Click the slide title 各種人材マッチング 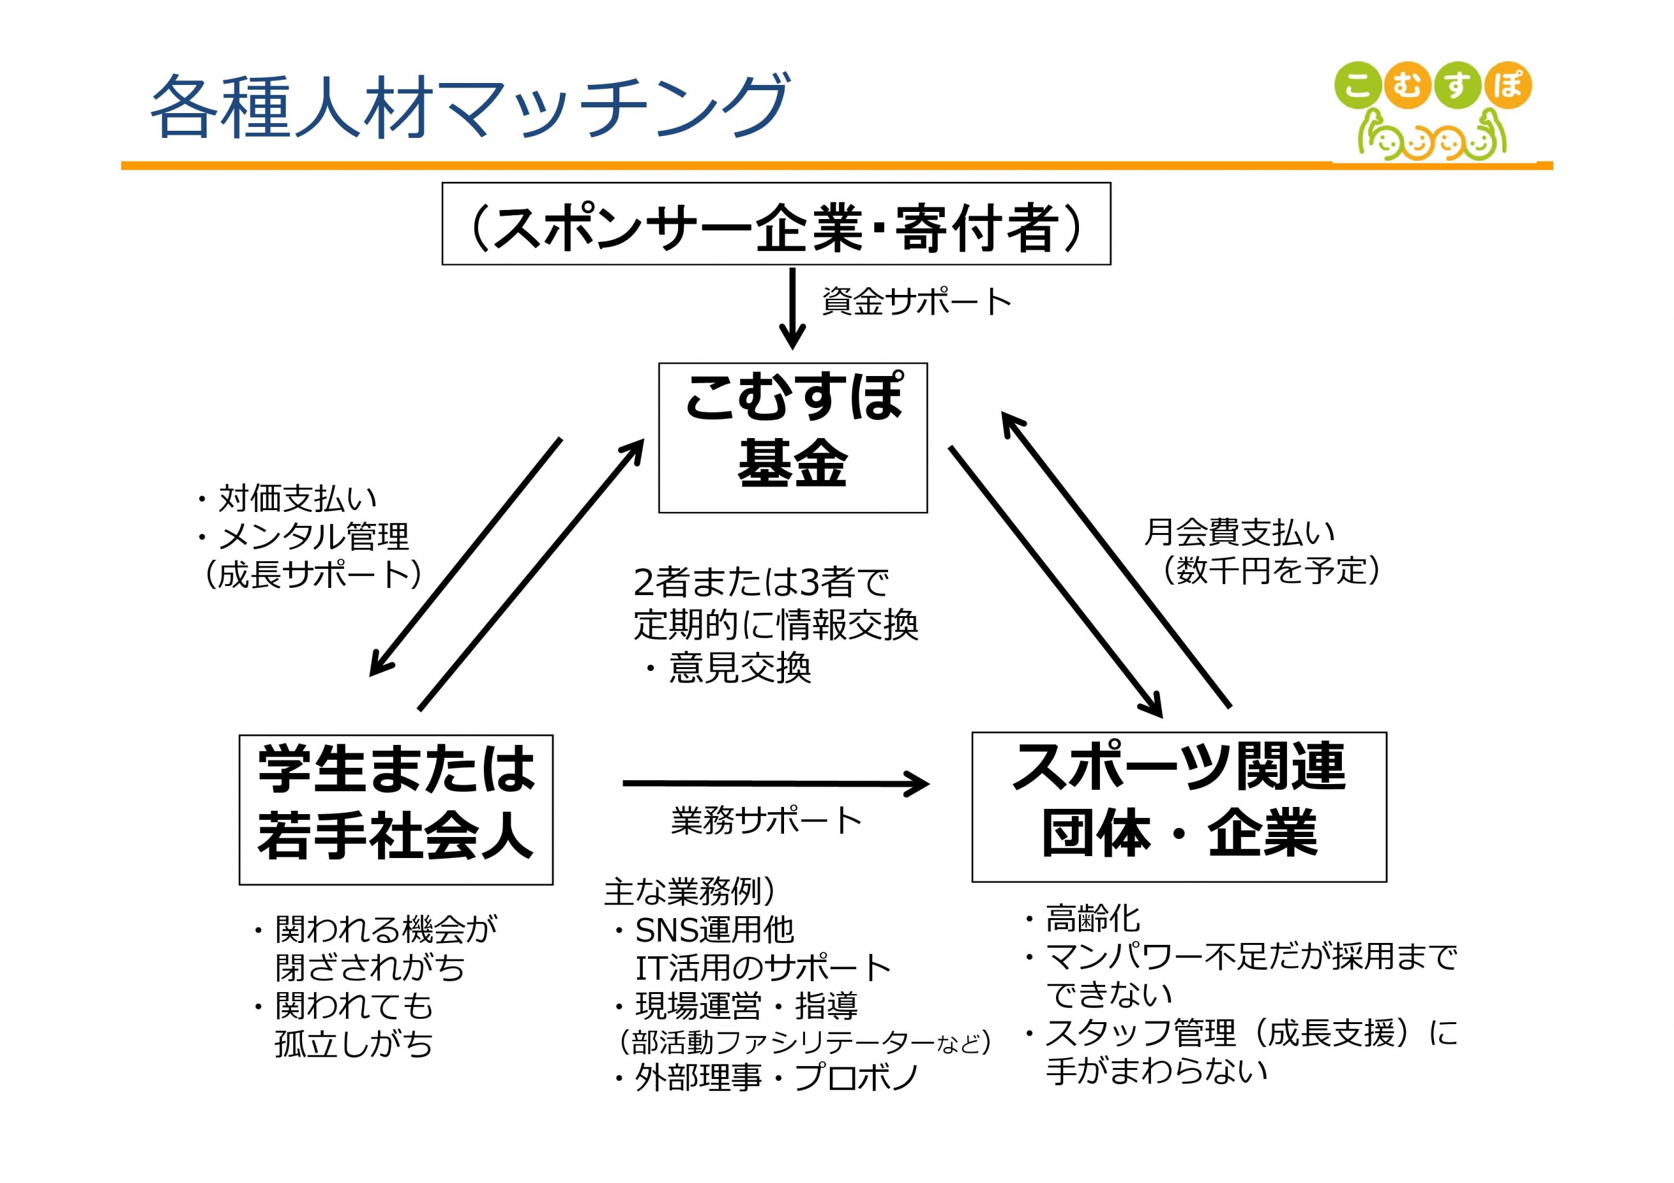click(x=470, y=107)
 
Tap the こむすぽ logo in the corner click(x=1433, y=111)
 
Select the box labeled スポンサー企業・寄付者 click(x=776, y=224)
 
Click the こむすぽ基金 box click(x=793, y=437)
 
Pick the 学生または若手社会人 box click(x=396, y=810)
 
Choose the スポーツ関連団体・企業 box click(x=1179, y=807)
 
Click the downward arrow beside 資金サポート click(x=793, y=309)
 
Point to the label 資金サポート click(x=917, y=301)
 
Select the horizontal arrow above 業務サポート click(x=776, y=784)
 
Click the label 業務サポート click(x=766, y=821)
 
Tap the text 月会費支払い click(x=1238, y=532)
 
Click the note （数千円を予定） click(x=1269, y=570)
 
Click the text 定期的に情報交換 click(x=776, y=625)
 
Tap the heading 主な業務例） click(x=690, y=891)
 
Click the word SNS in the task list click(x=666, y=930)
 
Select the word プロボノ click(x=856, y=1077)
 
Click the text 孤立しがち click(x=354, y=1044)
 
